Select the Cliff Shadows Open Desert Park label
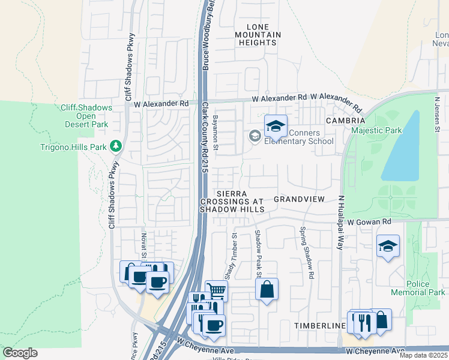pyautogui.click(x=86, y=116)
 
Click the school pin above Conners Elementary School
pyautogui.click(x=276, y=126)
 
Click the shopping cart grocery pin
pyautogui.click(x=216, y=291)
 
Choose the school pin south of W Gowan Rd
pyautogui.click(x=388, y=246)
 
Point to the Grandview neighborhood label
pyautogui.click(x=299, y=199)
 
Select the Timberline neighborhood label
pyautogui.click(x=319, y=325)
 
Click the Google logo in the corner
pyautogui.click(x=20, y=353)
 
